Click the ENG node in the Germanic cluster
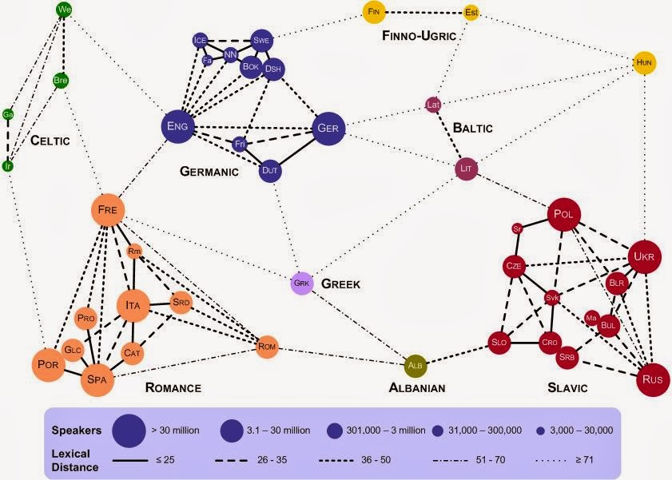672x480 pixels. (179, 126)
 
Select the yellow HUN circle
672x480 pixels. (645, 62)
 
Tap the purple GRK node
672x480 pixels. (300, 283)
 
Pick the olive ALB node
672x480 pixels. (416, 366)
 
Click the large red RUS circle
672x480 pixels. (651, 379)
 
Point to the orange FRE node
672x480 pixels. (108, 210)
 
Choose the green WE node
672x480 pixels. (66, 10)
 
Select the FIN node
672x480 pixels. (374, 11)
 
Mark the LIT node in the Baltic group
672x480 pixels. (467, 169)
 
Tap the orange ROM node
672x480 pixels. (267, 347)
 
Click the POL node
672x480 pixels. (564, 214)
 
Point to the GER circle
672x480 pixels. (328, 129)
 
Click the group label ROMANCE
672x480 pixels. (173, 388)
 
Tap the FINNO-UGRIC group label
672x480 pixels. (419, 36)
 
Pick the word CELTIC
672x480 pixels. (50, 141)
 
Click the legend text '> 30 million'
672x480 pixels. (175, 430)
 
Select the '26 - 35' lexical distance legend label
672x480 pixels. (265, 462)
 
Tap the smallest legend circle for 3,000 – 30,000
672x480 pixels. (540, 430)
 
